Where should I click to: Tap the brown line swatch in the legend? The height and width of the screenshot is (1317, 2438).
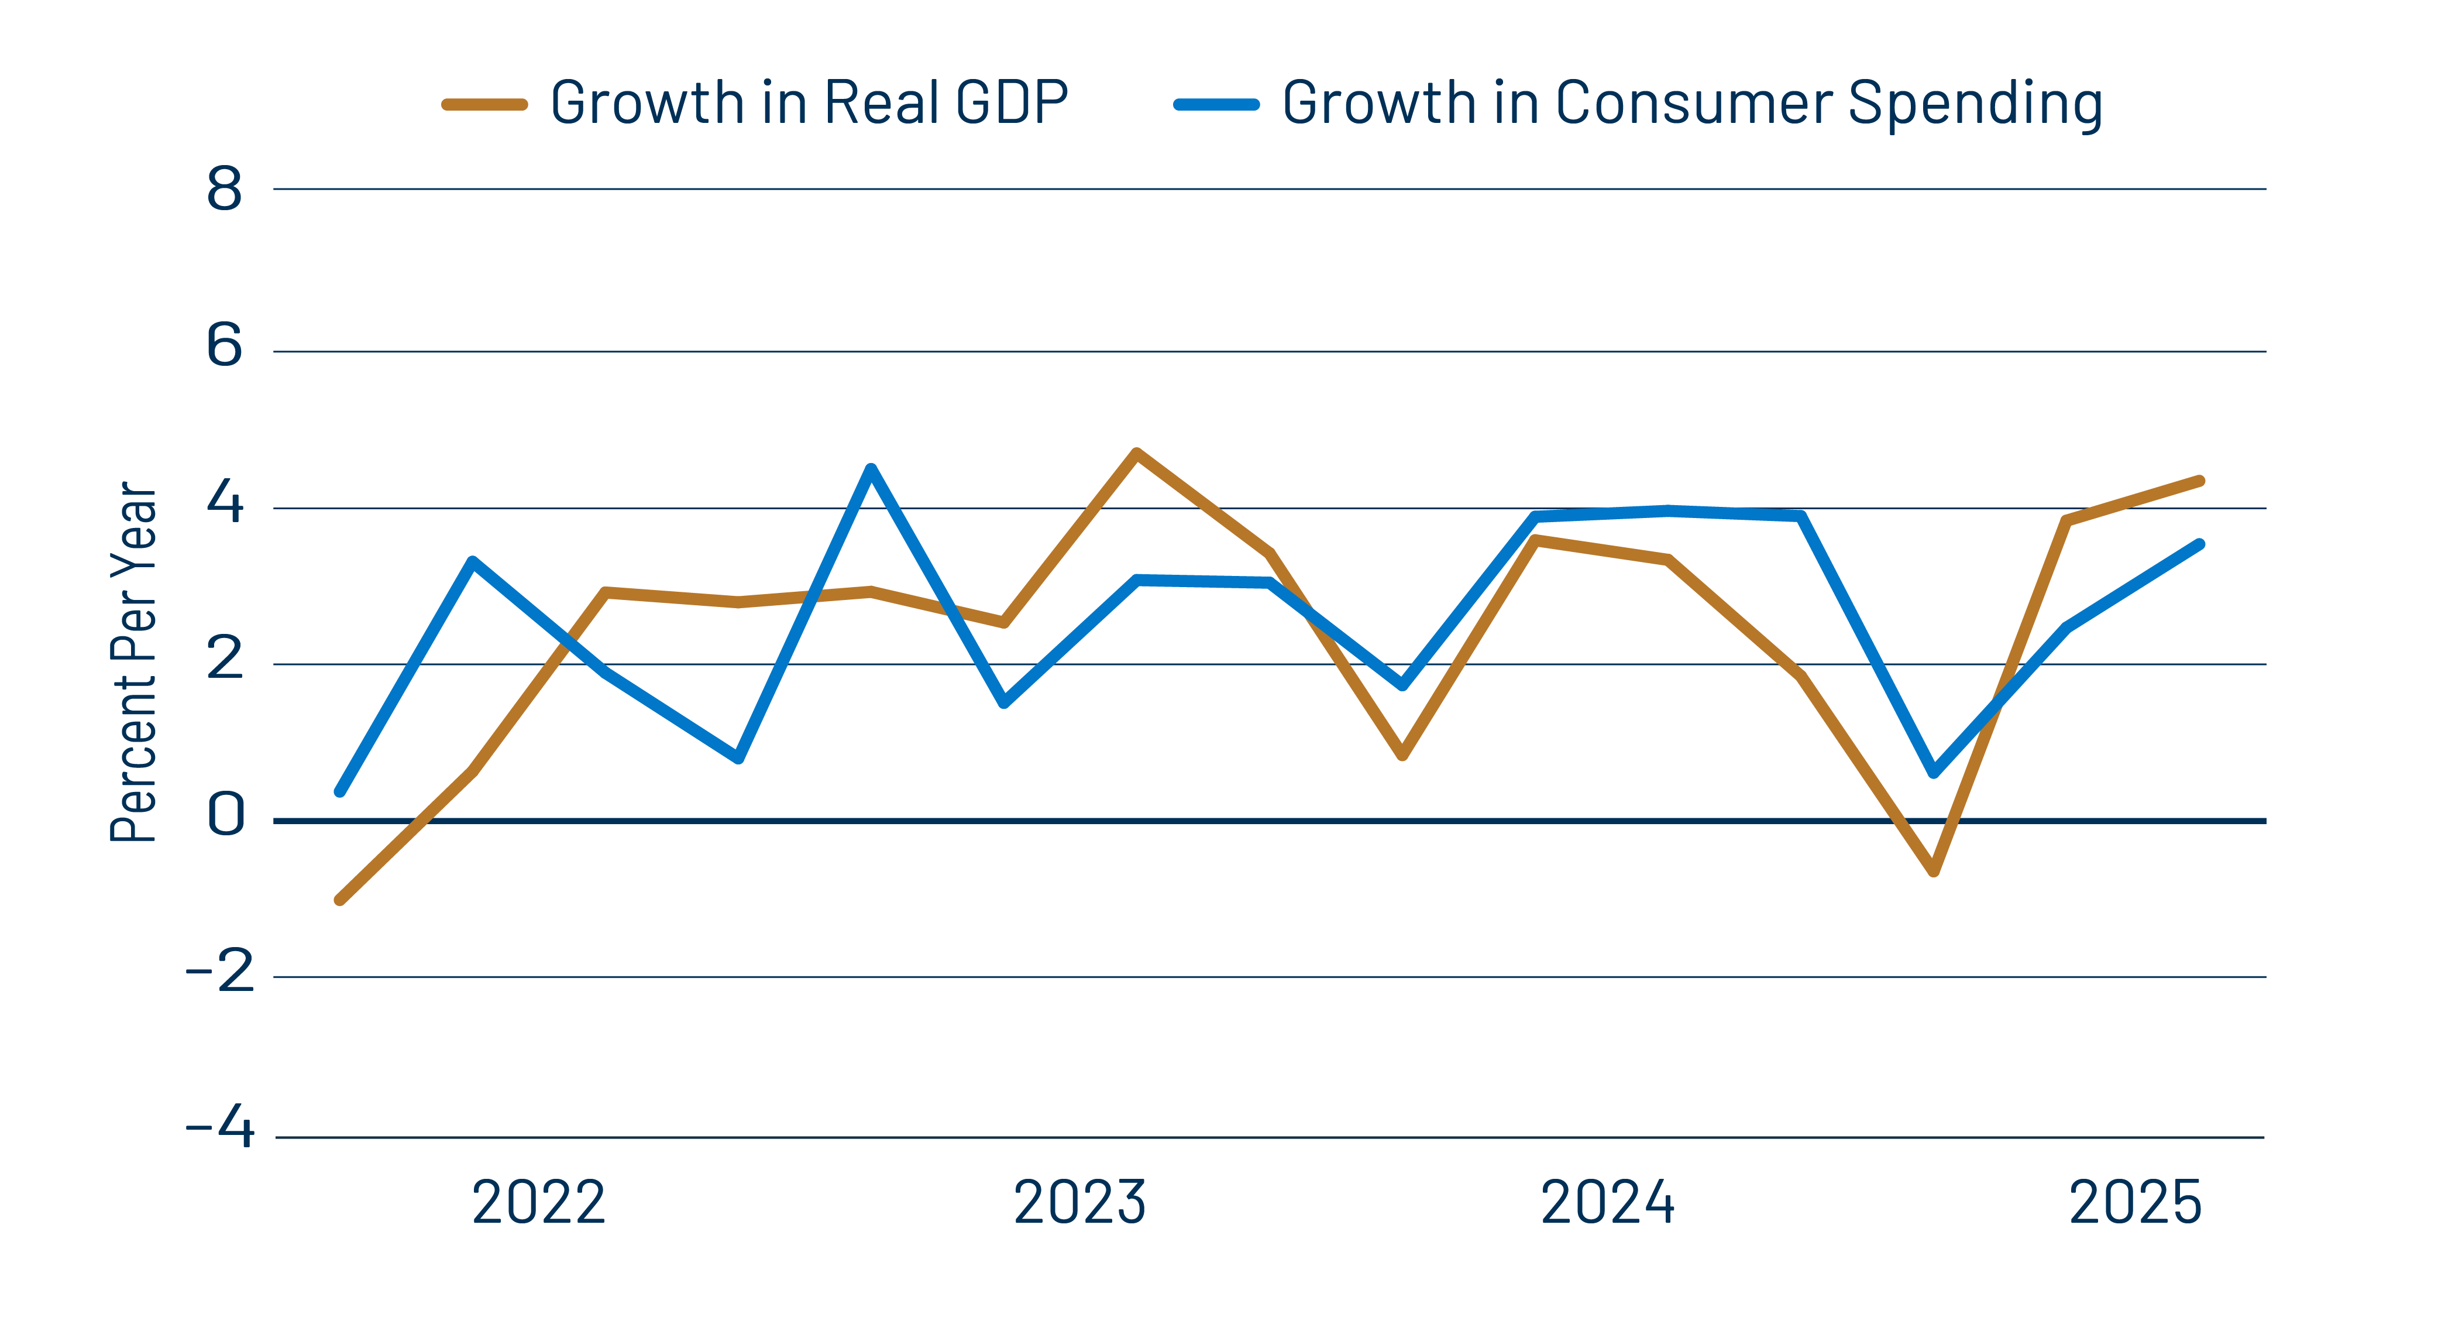(484, 104)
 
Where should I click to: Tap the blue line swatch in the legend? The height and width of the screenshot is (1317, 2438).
(1216, 104)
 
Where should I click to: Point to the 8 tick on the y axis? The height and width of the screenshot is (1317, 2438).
(224, 190)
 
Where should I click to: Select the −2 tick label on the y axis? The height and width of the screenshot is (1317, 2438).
(219, 972)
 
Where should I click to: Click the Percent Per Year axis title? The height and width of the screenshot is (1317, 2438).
(133, 662)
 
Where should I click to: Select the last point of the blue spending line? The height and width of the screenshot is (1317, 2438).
(2199, 544)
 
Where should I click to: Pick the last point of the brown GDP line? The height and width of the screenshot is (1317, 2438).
(2199, 481)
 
